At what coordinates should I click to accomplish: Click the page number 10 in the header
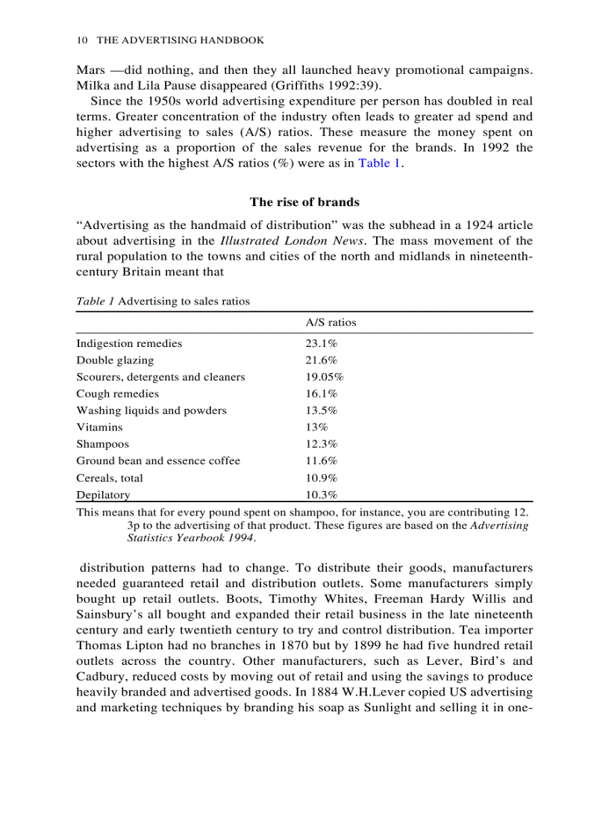82,40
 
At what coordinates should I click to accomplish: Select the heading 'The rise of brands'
304,201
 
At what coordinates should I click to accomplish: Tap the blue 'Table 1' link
379,163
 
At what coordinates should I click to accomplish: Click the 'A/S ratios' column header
331,322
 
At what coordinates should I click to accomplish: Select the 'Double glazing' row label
115,360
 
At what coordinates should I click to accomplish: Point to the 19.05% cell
325,377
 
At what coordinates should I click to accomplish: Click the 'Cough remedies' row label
117,394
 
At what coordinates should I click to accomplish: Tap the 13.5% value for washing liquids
322,410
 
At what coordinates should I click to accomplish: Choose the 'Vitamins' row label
99,428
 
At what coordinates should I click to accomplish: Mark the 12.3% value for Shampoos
322,444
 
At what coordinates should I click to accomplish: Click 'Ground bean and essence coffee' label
158,461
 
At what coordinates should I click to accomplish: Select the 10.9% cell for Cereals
322,478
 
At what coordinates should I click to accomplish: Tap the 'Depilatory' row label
103,495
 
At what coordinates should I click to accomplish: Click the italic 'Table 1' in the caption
95,301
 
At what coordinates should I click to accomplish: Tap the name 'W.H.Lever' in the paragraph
357,691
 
